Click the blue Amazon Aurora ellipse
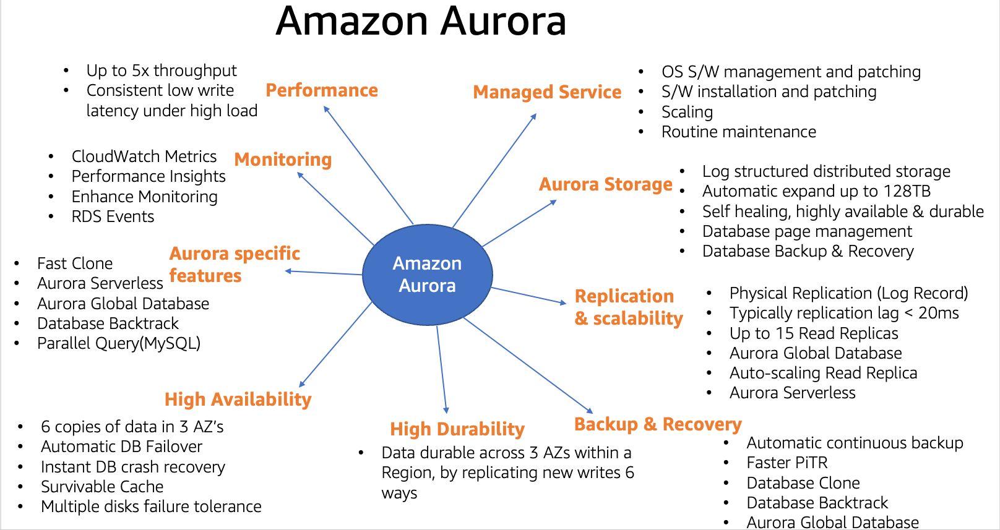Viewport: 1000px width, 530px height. point(427,275)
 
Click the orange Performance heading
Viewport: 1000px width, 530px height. point(322,90)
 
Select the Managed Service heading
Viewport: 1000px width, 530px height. point(547,92)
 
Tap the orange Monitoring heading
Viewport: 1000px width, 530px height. point(283,160)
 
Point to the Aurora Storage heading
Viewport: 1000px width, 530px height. point(605,184)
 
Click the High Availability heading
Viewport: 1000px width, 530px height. point(238,400)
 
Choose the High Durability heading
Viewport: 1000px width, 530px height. point(457,429)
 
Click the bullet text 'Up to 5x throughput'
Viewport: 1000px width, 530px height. point(162,71)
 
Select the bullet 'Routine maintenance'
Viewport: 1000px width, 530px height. point(738,132)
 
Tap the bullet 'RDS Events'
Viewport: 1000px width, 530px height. point(113,216)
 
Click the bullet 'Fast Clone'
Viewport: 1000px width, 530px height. point(75,263)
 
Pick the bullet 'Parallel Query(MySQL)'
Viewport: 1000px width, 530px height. point(119,343)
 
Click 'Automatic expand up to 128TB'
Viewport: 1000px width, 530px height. point(816,191)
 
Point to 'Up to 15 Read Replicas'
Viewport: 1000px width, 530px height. point(813,333)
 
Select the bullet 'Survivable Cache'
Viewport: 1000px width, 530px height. point(102,487)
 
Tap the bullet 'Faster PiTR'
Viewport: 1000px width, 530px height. point(787,463)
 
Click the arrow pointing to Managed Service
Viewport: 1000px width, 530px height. point(494,171)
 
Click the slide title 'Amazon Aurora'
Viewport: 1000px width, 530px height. point(421,21)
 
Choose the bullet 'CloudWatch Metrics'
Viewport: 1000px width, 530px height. point(144,156)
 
